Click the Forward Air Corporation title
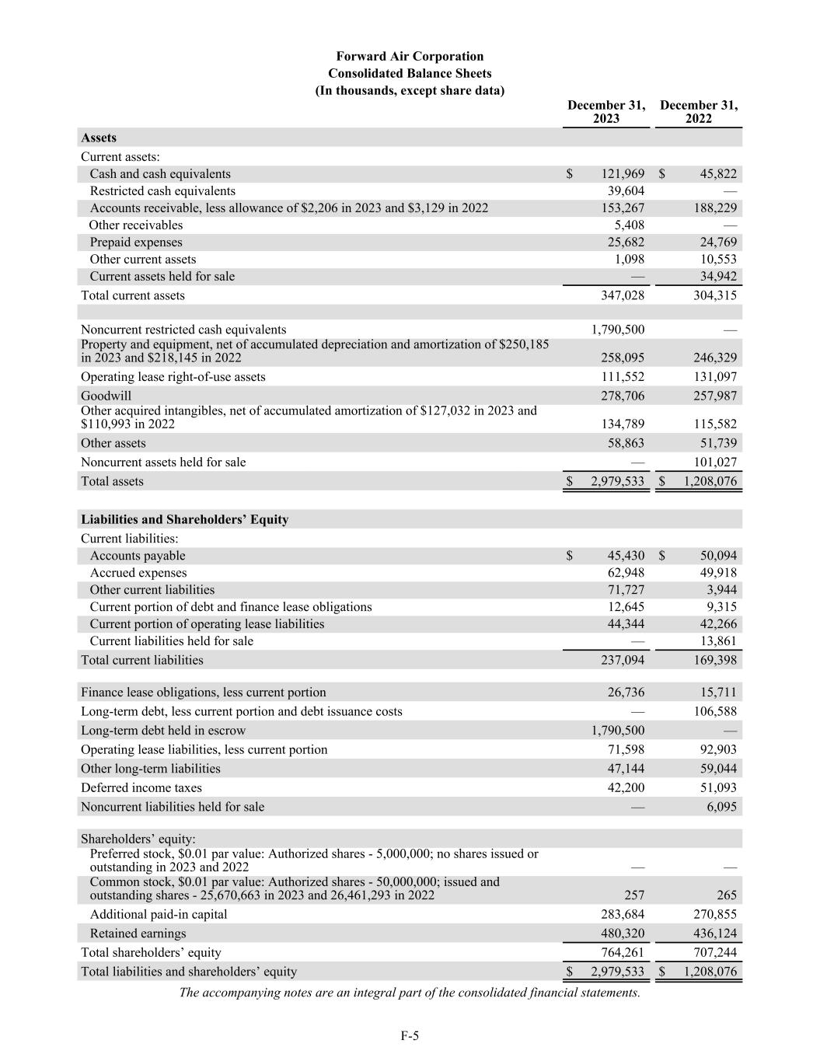410,56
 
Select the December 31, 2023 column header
606,112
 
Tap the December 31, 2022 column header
699,112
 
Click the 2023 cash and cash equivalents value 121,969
623,174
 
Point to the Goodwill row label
106,396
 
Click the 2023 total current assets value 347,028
623,295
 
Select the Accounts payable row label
138,556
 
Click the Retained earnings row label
138,934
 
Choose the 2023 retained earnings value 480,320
623,934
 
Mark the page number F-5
410,1035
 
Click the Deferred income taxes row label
141,787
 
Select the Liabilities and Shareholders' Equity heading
184,519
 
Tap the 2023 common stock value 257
633,895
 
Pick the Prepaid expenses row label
136,243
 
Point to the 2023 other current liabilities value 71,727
626,590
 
